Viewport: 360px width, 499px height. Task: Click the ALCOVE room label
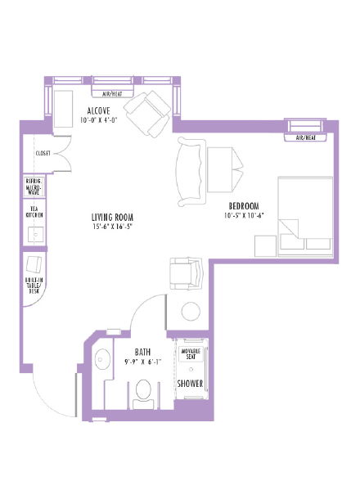pos(100,110)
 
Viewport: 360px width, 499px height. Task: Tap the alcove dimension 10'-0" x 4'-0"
pos(100,120)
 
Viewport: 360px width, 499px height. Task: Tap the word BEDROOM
pos(244,205)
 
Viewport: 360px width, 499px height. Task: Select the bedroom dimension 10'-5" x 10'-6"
pos(244,216)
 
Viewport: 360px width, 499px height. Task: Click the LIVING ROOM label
pos(112,217)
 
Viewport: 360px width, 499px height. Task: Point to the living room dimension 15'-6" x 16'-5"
pos(112,227)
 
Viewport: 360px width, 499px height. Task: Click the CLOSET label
pos(43,153)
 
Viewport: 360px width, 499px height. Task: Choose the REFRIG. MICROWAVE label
pos(35,187)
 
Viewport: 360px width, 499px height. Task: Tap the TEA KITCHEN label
pos(35,211)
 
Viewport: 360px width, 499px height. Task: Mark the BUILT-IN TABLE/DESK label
pos(35,285)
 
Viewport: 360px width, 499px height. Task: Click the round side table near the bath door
pos(191,312)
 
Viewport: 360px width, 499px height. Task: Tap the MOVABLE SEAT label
pos(191,354)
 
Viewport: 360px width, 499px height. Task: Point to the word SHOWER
pos(190,383)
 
